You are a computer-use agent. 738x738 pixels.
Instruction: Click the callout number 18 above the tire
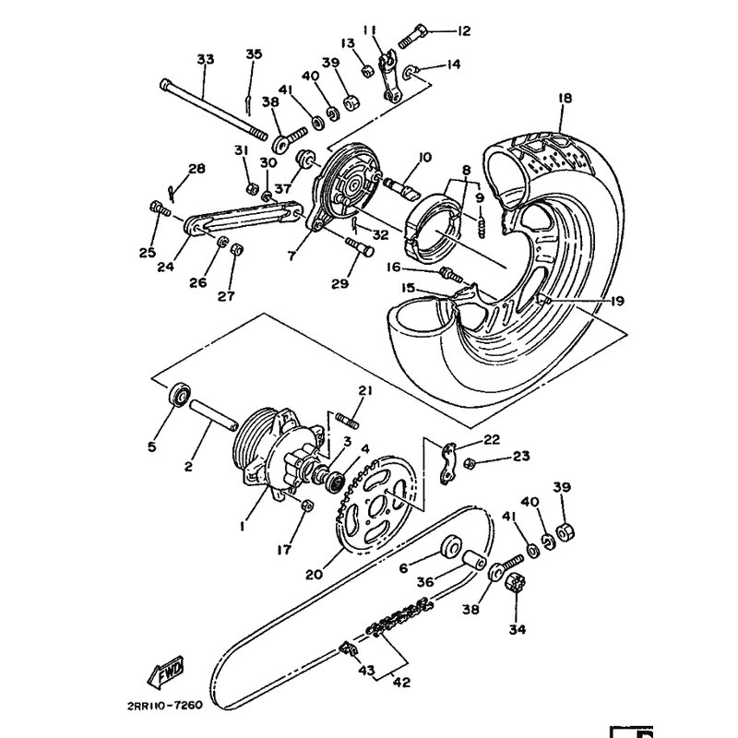pos(565,98)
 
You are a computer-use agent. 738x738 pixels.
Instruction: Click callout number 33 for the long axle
pos(205,59)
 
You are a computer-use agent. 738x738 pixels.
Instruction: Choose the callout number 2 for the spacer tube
pos(188,467)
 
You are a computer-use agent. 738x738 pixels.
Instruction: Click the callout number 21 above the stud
pos(364,391)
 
